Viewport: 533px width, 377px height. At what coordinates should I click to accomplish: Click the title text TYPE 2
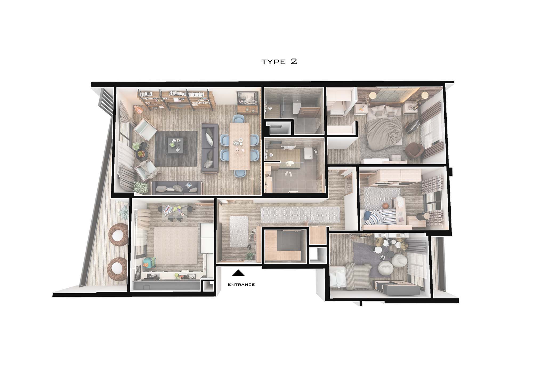pyautogui.click(x=279, y=62)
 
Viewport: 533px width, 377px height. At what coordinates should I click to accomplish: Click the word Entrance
pyautogui.click(x=241, y=284)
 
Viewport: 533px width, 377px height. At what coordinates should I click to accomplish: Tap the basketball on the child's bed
pyautogui.click(x=385, y=206)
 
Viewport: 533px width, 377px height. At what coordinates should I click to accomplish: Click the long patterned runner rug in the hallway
pyautogui.click(x=300, y=215)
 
